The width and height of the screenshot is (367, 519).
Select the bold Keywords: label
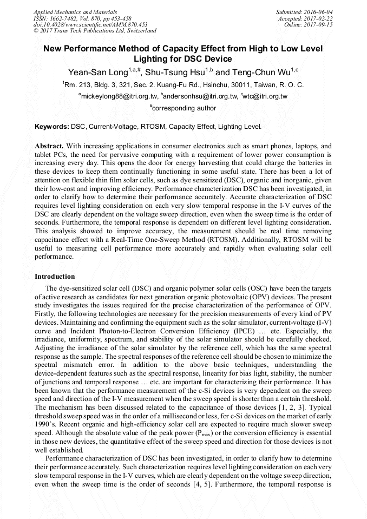coord(52,127)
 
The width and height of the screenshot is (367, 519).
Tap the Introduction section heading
coord(55,276)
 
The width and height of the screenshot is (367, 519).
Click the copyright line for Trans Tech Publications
coord(95,31)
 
